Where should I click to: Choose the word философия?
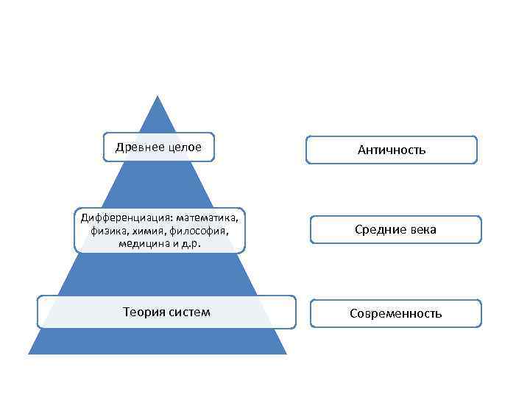(x=195, y=231)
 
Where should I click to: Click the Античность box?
(x=392, y=150)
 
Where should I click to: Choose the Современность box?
(x=396, y=313)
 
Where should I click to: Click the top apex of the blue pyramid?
(x=158, y=96)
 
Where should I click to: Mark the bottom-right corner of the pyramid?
(x=286, y=354)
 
